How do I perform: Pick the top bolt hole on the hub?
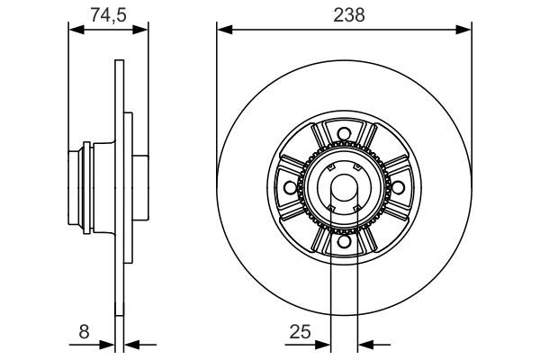[344, 136]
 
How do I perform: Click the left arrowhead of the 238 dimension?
[223, 30]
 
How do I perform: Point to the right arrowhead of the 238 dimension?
[465, 30]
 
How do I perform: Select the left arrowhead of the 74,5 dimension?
[76, 30]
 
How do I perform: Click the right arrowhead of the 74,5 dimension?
[141, 30]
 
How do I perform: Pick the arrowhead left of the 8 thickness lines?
[107, 343]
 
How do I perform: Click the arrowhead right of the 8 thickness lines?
[130, 343]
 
